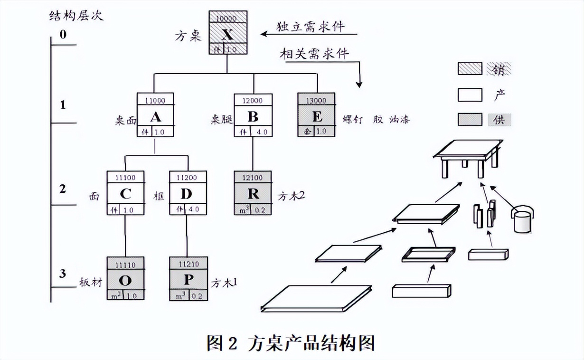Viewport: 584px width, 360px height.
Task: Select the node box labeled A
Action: click(x=155, y=115)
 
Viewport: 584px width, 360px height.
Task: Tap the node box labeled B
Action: click(x=253, y=115)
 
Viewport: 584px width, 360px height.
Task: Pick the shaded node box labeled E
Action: click(x=317, y=115)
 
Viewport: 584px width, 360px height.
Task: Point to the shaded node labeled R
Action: click(x=253, y=193)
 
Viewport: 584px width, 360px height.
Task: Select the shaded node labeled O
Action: click(x=125, y=279)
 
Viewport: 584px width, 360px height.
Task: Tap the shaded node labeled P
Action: click(x=188, y=279)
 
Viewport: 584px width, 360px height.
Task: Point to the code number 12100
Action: click(x=253, y=177)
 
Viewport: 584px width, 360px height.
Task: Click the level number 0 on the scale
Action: click(x=63, y=35)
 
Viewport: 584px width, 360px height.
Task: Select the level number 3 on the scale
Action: click(x=63, y=274)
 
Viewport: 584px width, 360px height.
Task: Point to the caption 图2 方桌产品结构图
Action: click(x=291, y=343)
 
